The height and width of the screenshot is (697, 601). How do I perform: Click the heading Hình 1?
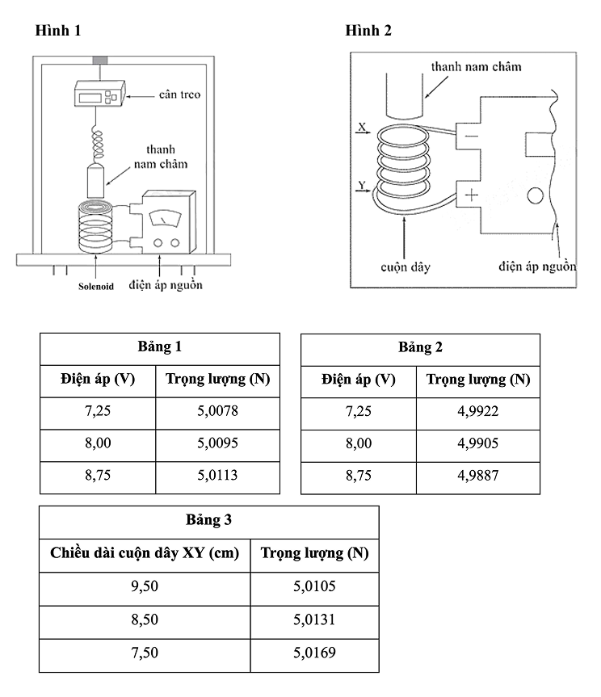coord(58,31)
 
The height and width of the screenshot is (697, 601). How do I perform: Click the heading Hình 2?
coord(368,31)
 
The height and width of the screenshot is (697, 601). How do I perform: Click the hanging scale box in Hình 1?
coord(99,94)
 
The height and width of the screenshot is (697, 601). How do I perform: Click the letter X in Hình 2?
coord(362,128)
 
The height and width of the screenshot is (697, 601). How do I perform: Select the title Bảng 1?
coord(160,347)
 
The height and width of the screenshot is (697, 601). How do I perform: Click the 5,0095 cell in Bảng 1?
coord(217,443)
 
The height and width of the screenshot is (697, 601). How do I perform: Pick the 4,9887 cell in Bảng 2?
coord(477,476)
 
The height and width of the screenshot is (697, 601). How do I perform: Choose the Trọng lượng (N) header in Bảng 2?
coord(477,379)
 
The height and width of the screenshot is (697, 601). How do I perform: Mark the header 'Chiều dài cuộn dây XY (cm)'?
coord(145,553)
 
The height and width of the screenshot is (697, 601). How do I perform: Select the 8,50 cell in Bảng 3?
coord(145,620)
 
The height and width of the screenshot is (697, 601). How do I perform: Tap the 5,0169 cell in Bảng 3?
coord(315,653)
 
